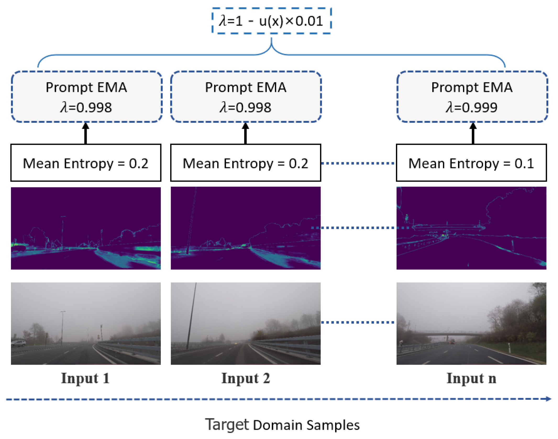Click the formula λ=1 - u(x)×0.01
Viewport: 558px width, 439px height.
(271, 21)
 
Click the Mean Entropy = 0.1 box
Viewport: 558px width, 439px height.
(471, 163)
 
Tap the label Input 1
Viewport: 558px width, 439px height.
(85, 378)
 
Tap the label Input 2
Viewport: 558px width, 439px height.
(245, 378)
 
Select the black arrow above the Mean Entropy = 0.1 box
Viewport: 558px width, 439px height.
(473, 134)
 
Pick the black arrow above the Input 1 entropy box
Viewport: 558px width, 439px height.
(86, 134)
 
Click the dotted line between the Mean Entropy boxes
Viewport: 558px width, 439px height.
(358, 163)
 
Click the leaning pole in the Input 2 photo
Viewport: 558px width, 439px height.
(191, 317)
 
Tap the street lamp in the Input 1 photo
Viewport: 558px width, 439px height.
(62, 327)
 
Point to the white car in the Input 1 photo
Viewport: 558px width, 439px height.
(18, 343)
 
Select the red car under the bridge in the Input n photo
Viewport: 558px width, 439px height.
(452, 341)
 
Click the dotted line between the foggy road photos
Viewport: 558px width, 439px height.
(358, 322)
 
